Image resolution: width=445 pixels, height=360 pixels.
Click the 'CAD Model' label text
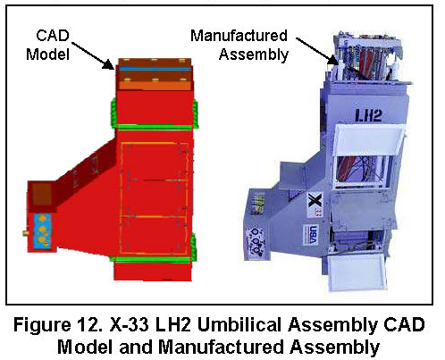click(x=48, y=45)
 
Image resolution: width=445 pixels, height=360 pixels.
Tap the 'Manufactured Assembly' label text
click(x=239, y=45)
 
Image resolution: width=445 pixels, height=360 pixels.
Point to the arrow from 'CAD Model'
click(x=92, y=55)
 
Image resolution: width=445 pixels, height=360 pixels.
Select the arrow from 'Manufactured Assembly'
click(x=317, y=51)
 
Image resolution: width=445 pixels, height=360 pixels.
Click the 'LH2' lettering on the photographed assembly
click(x=368, y=115)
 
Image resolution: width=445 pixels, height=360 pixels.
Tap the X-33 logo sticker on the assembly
click(x=315, y=205)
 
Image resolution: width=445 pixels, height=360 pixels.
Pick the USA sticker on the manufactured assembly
click(x=311, y=235)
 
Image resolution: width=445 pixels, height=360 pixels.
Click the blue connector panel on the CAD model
click(x=43, y=230)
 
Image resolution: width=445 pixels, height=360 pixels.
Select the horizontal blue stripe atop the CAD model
click(x=155, y=70)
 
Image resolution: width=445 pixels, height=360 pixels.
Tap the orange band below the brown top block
click(x=155, y=86)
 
